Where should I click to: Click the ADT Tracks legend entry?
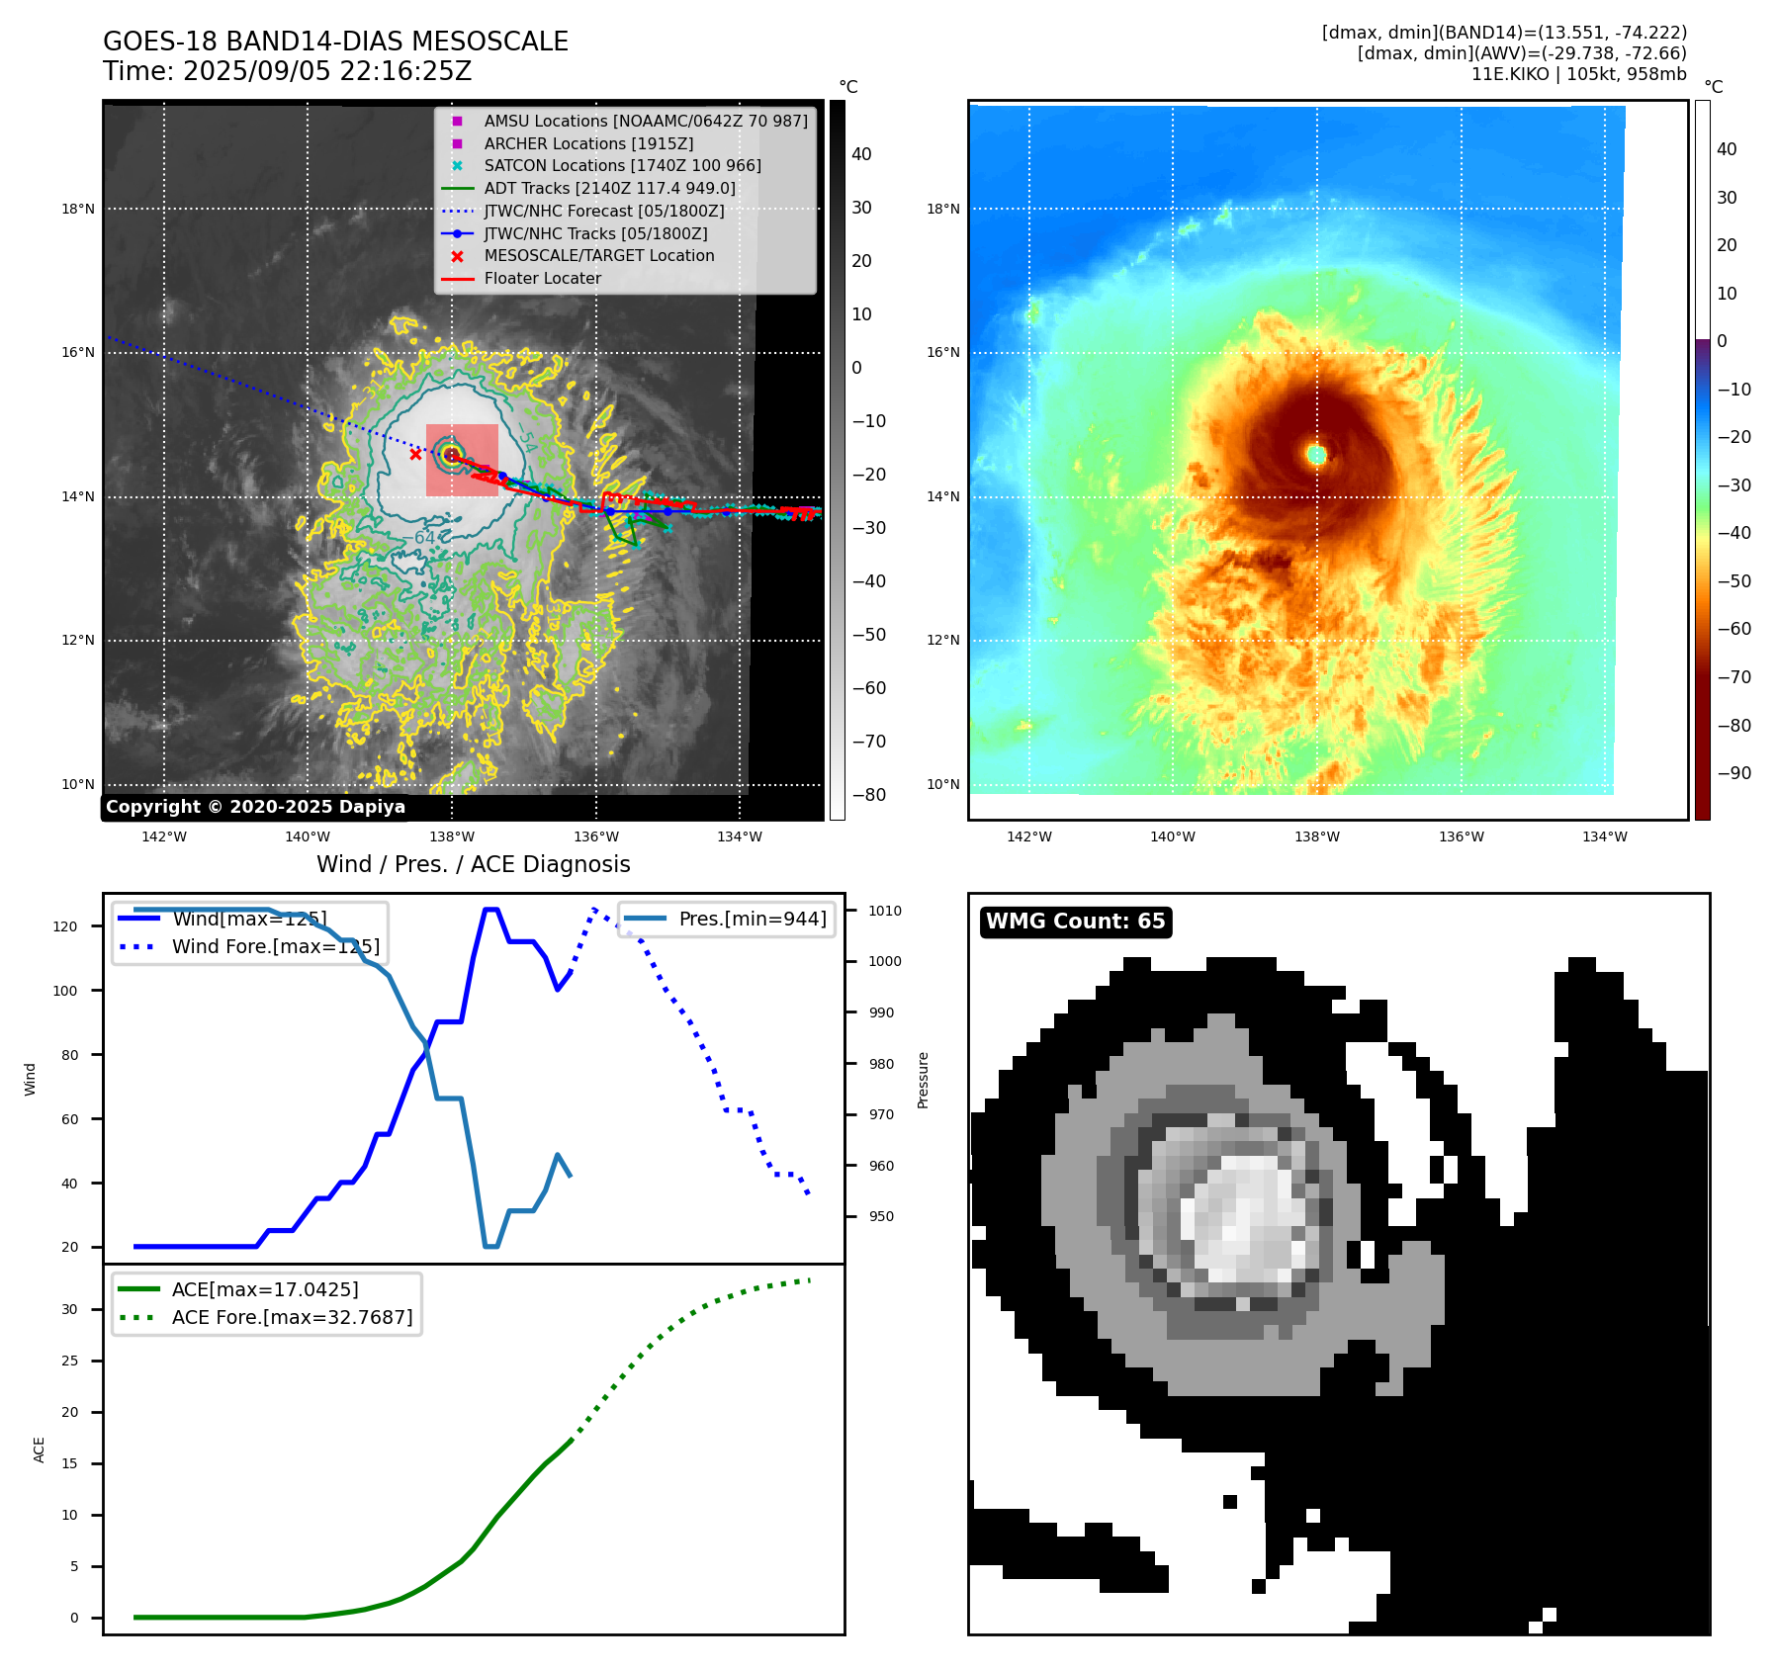609,188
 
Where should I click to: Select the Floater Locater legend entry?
542,278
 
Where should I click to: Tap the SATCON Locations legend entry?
622,165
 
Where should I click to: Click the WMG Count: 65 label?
1075,922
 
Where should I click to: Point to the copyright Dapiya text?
255,807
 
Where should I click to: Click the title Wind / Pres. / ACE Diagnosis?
473,864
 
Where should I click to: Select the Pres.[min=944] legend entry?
752,919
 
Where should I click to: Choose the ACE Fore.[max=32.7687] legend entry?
292,1317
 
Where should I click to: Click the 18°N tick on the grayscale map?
78,209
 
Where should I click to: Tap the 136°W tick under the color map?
1461,836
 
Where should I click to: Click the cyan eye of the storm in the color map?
1316,455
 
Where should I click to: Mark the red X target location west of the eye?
415,455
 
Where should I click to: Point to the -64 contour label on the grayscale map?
423,538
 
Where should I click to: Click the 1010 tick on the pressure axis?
885,911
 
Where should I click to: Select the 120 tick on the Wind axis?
65,926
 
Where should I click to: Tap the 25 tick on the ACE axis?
69,1361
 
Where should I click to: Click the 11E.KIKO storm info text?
1578,74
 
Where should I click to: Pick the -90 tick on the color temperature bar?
1733,773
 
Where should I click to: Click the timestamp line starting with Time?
287,71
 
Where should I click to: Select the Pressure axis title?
923,1080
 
